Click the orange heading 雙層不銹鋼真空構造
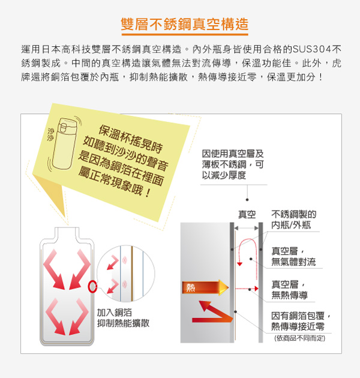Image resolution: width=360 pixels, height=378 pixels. pyautogui.click(x=184, y=24)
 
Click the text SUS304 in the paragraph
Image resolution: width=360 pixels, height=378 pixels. pyautogui.click(x=312, y=49)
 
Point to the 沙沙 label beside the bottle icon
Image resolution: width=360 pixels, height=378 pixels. pyautogui.click(x=50, y=134)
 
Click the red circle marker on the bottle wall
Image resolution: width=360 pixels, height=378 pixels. pyautogui.click(x=92, y=287)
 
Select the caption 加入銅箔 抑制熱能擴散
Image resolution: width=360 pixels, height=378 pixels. pyautogui.click(x=123, y=318)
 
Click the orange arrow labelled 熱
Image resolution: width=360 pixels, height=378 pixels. pyautogui.click(x=205, y=287)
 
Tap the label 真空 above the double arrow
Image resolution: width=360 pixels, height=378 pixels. pyautogui.click(x=247, y=214)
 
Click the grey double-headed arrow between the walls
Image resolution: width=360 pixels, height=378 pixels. pyautogui.click(x=247, y=228)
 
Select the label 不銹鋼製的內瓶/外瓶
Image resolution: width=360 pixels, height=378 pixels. pyautogui.click(x=293, y=220)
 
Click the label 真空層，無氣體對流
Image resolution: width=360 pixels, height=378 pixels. pyautogui.click(x=293, y=257)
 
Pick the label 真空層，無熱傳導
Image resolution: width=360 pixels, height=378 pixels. pyautogui.click(x=289, y=290)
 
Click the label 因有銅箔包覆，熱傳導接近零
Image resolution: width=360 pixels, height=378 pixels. pyautogui.click(x=301, y=321)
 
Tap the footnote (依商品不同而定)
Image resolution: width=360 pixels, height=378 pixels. pyautogui.click(x=300, y=338)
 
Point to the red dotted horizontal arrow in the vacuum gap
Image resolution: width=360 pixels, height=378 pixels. pyautogui.click(x=247, y=289)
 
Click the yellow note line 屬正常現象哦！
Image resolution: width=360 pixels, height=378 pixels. pyautogui.click(x=114, y=181)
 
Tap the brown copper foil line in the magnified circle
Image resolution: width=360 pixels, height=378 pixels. pyautogui.click(x=132, y=274)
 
